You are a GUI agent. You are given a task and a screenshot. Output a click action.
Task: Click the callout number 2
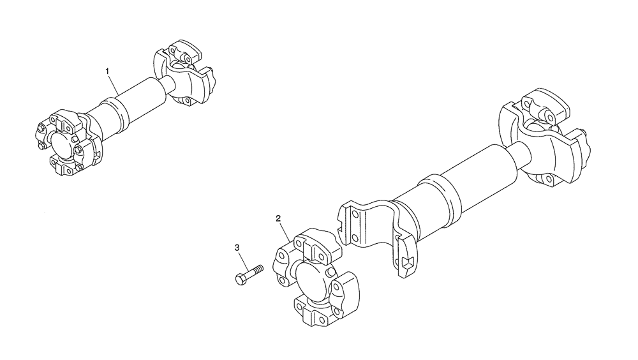278,218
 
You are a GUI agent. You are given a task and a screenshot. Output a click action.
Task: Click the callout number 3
237,247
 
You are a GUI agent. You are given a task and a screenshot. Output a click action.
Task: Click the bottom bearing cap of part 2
314,310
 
